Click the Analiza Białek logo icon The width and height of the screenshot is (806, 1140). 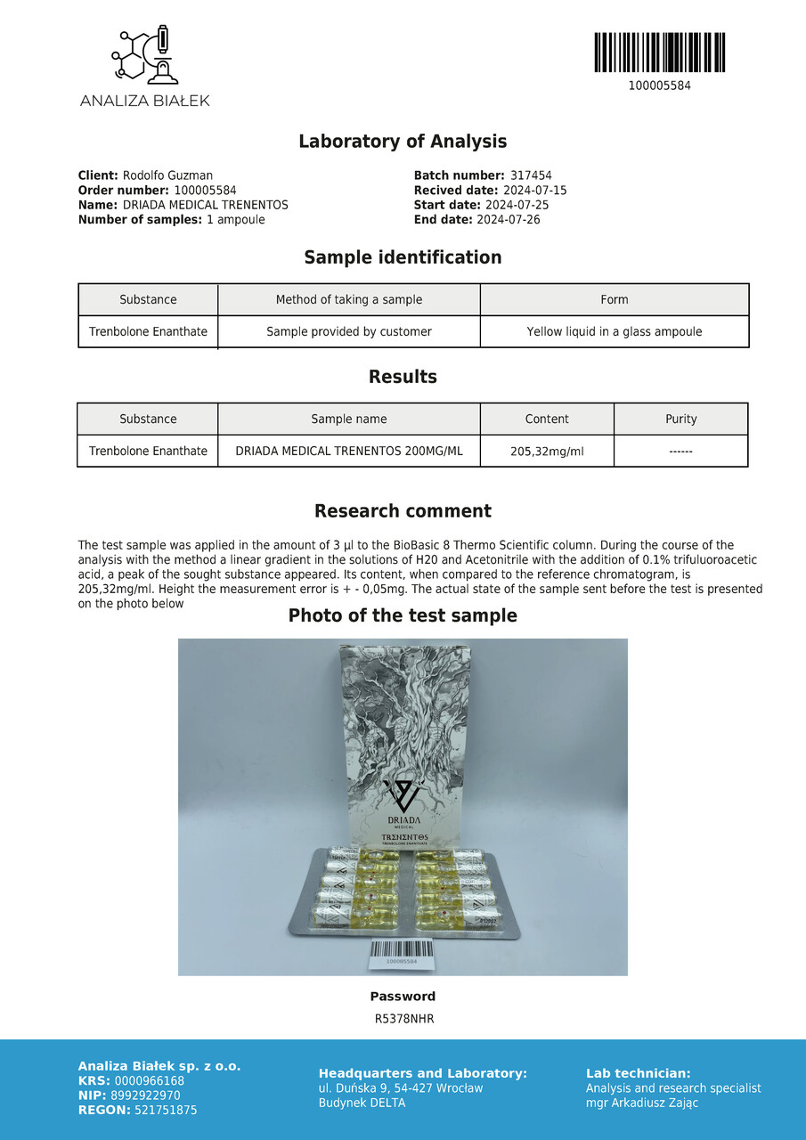[x=144, y=56]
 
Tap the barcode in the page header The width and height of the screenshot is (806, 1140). [x=659, y=53]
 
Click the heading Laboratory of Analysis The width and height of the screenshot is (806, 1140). [x=403, y=141]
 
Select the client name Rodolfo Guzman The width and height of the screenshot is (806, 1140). [x=167, y=175]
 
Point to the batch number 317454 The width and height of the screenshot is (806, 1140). [x=531, y=175]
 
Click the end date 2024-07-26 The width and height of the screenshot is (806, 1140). [x=509, y=219]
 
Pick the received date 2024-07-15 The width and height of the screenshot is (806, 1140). [x=534, y=191]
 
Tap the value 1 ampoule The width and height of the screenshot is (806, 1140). [x=235, y=219]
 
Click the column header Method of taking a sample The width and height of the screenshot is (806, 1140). [x=349, y=299]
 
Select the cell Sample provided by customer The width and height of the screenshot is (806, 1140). [x=349, y=331]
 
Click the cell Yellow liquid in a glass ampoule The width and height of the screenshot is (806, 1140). [x=615, y=331]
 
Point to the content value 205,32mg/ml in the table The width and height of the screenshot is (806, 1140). [x=547, y=452]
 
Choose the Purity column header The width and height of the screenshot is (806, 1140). [x=681, y=419]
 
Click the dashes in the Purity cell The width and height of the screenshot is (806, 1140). [x=681, y=452]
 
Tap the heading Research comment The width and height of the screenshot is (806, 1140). [x=403, y=511]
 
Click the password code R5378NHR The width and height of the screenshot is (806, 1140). [x=403, y=1019]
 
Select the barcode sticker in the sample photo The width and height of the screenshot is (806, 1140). [x=403, y=953]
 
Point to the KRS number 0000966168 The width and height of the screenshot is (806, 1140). [x=149, y=1081]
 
